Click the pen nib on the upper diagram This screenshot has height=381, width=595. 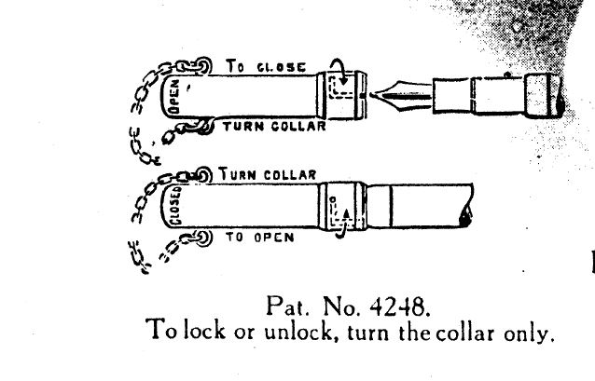click(401, 95)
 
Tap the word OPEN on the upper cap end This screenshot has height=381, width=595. click(174, 97)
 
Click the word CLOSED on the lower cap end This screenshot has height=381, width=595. click(176, 206)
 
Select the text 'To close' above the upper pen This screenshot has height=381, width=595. click(266, 67)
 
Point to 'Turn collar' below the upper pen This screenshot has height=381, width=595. click(274, 127)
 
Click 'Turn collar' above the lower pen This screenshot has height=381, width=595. click(268, 174)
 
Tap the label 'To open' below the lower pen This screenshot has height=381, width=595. click(260, 238)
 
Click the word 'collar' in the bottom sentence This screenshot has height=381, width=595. click(465, 333)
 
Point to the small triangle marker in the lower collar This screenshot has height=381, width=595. click(346, 214)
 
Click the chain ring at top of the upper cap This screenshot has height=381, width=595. click(203, 65)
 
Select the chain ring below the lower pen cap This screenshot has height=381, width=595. click(202, 238)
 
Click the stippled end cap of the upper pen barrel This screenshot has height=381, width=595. click(544, 95)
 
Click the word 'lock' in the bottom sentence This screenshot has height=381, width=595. click(205, 330)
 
